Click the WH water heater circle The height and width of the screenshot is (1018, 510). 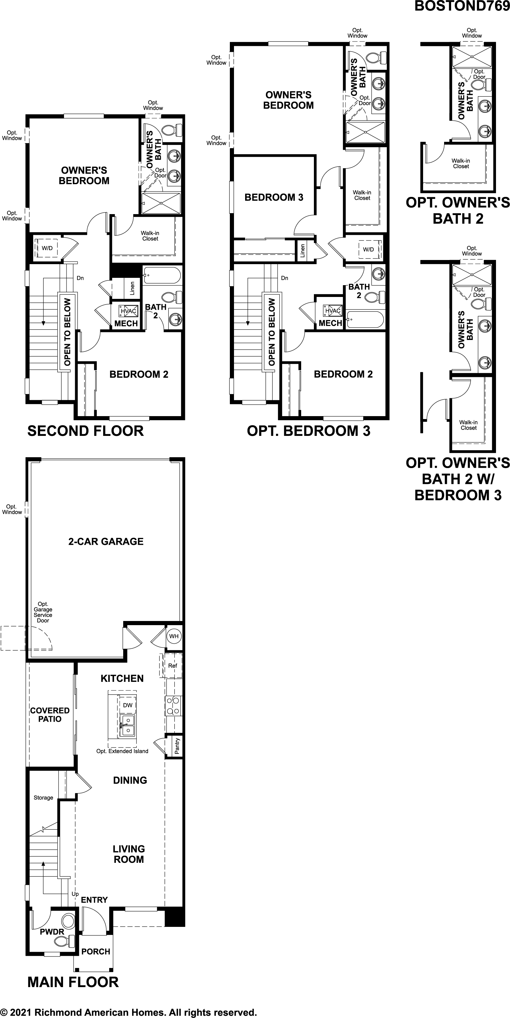pos(174,636)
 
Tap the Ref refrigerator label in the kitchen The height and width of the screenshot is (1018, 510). pos(173,666)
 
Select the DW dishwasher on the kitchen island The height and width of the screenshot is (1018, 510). pos(127,705)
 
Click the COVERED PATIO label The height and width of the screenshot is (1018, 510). pos(50,714)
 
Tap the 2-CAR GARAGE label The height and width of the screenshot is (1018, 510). pos(106,541)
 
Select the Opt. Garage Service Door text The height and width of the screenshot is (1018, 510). pos(43,612)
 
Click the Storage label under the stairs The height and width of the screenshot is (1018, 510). pos(43,798)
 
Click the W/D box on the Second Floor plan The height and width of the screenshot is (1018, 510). pos(47,248)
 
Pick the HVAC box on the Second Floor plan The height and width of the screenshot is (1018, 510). pos(128,311)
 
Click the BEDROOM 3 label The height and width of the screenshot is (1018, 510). pos(274,197)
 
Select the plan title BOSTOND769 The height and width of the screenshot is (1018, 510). pos(462,6)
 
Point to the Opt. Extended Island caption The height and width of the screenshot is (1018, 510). pos(122,751)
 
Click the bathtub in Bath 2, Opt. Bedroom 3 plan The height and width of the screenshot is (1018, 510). pos(365,320)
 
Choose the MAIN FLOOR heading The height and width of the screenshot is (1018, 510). pos(73,982)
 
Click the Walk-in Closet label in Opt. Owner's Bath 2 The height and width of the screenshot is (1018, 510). pos(461,163)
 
